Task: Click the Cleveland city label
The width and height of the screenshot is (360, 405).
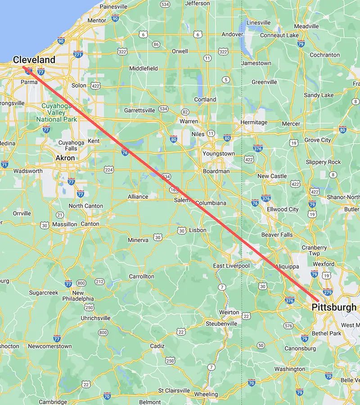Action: coord(34,60)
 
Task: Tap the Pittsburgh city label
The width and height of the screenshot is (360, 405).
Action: coord(334,307)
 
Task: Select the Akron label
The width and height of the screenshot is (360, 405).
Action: coord(65,158)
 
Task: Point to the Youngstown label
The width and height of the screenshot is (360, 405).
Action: coord(219,153)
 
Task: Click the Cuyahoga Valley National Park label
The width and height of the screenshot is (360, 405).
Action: coord(56,112)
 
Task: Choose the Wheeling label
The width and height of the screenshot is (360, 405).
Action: coord(206,394)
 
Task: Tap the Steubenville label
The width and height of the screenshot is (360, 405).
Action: coord(221,324)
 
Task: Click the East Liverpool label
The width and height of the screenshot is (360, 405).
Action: coord(231,266)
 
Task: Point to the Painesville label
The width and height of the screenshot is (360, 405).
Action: coord(114,7)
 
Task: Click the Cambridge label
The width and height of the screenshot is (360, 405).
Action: coord(53,402)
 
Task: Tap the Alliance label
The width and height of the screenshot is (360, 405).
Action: coord(138,197)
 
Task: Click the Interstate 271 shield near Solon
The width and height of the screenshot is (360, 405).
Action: coord(78,54)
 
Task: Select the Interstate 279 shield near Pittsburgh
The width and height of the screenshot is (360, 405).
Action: coord(328,280)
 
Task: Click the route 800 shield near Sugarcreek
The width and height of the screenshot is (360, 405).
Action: coord(81,283)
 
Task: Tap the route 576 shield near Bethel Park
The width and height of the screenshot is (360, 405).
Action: coord(288,325)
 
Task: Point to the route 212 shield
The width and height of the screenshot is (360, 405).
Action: coord(99,282)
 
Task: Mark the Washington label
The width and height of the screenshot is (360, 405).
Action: coord(289,369)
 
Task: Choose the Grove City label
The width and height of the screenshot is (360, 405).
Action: coord(318,140)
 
